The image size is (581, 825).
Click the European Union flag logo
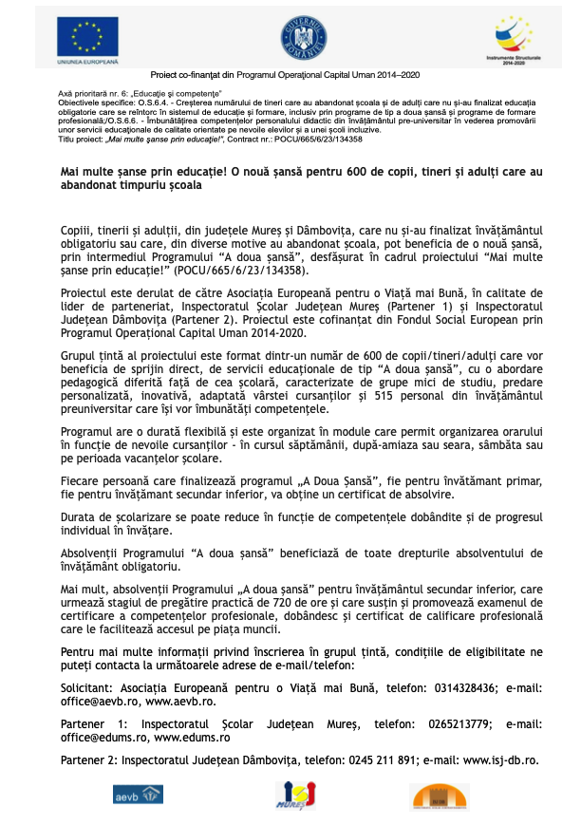tap(85, 35)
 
